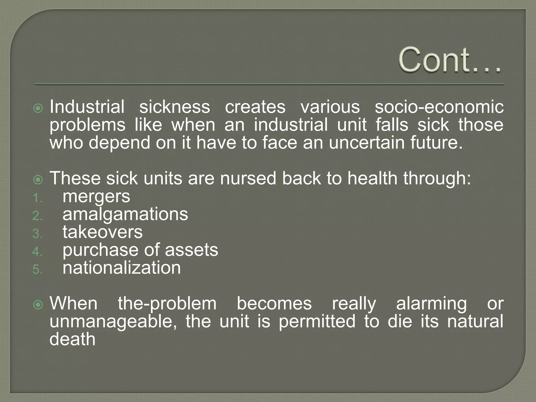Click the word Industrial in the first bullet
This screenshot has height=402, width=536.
click(87, 107)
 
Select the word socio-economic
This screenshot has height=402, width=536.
click(439, 107)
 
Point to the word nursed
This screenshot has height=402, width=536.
click(248, 178)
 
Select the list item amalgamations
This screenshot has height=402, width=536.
click(125, 214)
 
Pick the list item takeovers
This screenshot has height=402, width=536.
click(102, 232)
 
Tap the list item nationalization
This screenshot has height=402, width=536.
click(121, 268)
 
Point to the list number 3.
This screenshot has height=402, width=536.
click(37, 234)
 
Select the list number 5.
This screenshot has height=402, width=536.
click(37, 270)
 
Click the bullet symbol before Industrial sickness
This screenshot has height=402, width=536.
click(38, 108)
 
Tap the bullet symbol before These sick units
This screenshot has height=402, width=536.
click(38, 180)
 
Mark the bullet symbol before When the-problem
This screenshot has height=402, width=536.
click(38, 305)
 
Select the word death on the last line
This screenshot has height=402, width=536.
click(72, 339)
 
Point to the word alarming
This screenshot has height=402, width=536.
click(431, 304)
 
